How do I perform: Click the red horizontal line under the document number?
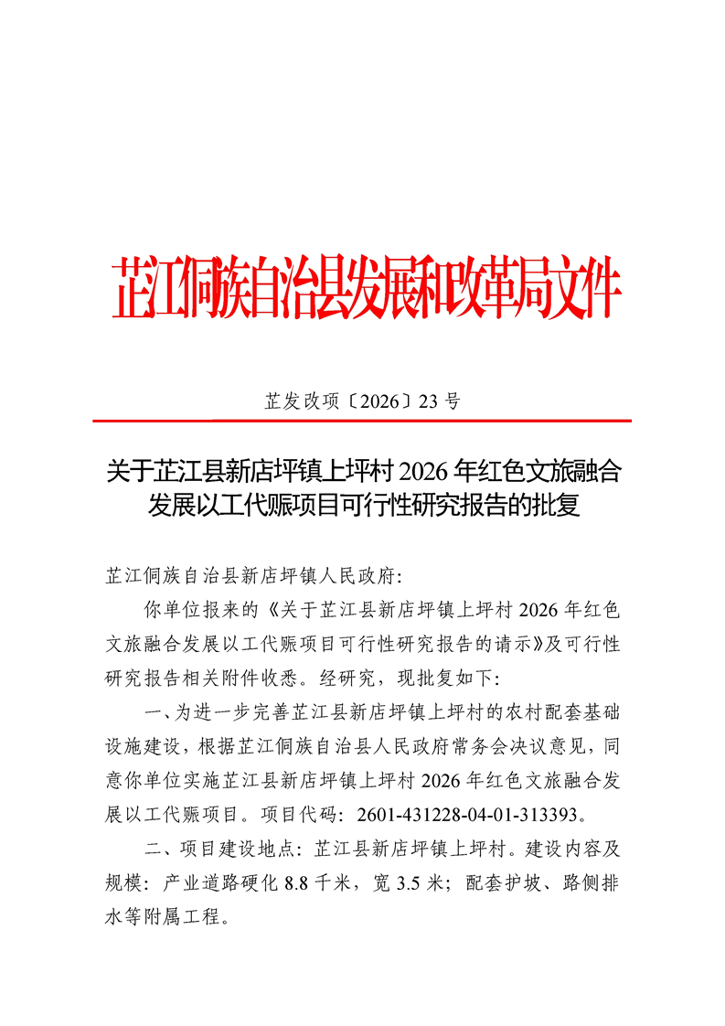tap(362, 421)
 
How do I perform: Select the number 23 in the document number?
tap(430, 400)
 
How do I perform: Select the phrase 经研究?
tap(366, 678)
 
